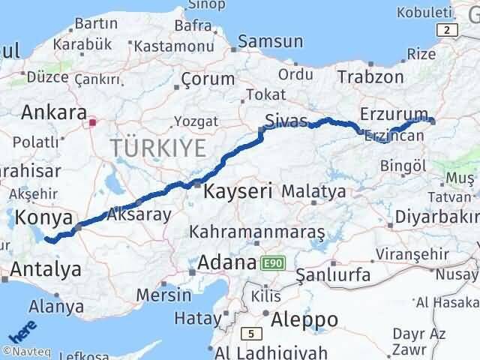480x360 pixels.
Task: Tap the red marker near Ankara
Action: click(x=92, y=121)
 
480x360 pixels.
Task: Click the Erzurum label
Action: click(x=388, y=114)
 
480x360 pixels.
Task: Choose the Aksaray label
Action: click(x=139, y=214)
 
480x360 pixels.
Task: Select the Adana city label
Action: click(x=227, y=263)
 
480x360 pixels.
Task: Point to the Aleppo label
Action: click(x=304, y=319)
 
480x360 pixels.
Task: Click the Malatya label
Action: click(x=314, y=191)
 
